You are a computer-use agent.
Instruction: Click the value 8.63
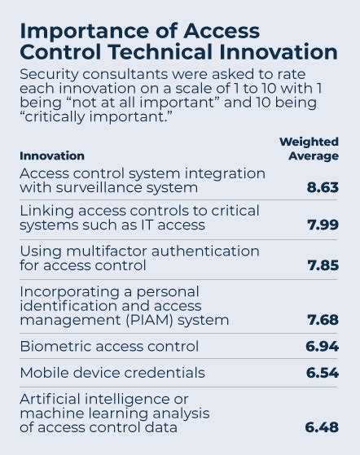pyautogui.click(x=323, y=188)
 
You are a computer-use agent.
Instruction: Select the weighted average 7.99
pyautogui.click(x=323, y=225)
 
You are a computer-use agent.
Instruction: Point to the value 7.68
pyautogui.click(x=323, y=320)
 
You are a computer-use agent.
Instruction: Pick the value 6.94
pyautogui.click(x=323, y=347)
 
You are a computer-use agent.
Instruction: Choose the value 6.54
pyautogui.click(x=323, y=373)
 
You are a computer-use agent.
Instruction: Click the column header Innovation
pyautogui.click(x=51, y=155)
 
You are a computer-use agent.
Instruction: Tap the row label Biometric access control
pyautogui.click(x=108, y=347)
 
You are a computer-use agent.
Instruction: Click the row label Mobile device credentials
pyautogui.click(x=112, y=373)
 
